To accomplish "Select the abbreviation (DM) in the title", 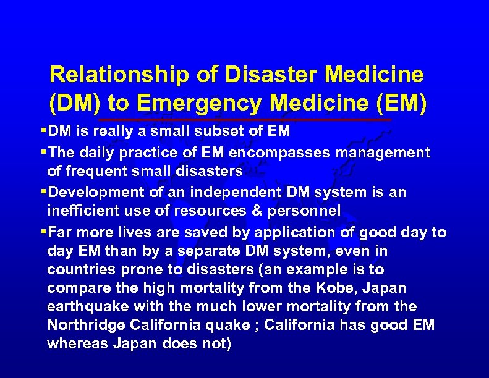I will (73, 104).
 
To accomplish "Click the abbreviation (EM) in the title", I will (401, 104).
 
